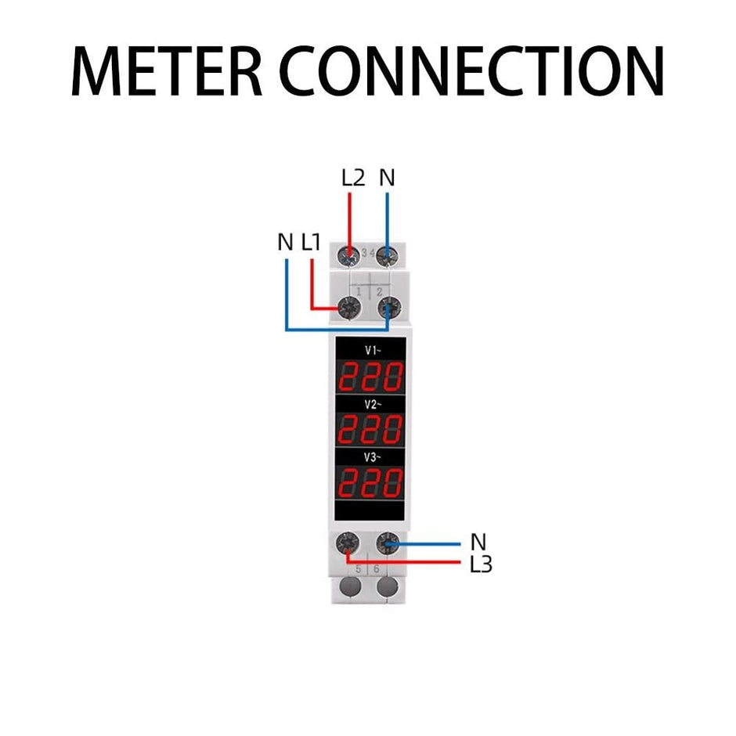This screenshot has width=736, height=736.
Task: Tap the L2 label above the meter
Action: click(353, 178)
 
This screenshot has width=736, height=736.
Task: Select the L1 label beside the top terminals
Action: click(312, 243)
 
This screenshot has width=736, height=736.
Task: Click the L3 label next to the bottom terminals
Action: click(481, 564)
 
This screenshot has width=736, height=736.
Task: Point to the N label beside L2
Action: click(387, 178)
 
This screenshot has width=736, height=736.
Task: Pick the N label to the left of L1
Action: click(285, 243)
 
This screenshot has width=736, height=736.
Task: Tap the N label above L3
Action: click(478, 541)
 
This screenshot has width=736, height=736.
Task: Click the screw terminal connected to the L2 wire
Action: click(350, 255)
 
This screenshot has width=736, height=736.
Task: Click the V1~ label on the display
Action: click(371, 351)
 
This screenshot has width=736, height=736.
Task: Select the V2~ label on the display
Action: click(371, 404)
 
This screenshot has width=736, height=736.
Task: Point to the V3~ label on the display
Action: click(371, 455)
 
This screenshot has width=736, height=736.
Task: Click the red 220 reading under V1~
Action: click(370, 377)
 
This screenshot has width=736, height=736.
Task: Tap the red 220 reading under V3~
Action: click(370, 482)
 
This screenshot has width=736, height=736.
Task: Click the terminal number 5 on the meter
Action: click(357, 569)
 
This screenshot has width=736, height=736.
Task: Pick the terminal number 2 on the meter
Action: click(379, 291)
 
